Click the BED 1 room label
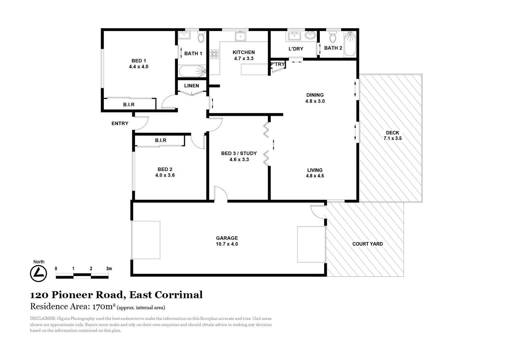tap(139, 61)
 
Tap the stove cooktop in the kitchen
tap(214, 54)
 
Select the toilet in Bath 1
tap(201, 38)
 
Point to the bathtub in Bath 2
tap(350, 44)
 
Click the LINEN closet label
tap(192, 86)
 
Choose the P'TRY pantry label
tap(277, 64)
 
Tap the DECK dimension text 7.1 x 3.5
tap(393, 138)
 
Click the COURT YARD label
tap(367, 244)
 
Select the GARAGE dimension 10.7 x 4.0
tap(227, 244)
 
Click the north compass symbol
tap(39, 274)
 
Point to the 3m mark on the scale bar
tap(109, 269)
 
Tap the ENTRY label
tap(120, 124)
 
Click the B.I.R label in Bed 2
tap(161, 140)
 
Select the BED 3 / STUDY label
tap(239, 153)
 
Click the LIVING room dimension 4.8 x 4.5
tap(315, 176)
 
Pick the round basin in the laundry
tap(310, 35)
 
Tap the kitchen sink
tap(240, 36)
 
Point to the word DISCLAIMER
tap(43, 319)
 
